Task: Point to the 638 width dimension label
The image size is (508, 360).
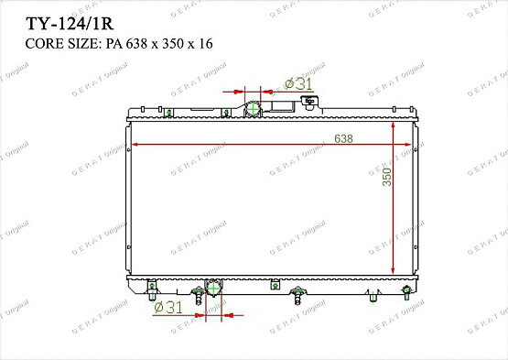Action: coord(344,137)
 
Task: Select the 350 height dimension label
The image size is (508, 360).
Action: coord(387,176)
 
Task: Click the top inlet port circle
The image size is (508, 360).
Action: coord(252,109)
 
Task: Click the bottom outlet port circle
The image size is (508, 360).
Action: coord(214,289)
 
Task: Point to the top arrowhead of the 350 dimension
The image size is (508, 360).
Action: coord(394,126)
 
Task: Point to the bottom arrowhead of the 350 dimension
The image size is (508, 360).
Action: coord(394,272)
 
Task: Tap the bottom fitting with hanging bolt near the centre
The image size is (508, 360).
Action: coord(298,295)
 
